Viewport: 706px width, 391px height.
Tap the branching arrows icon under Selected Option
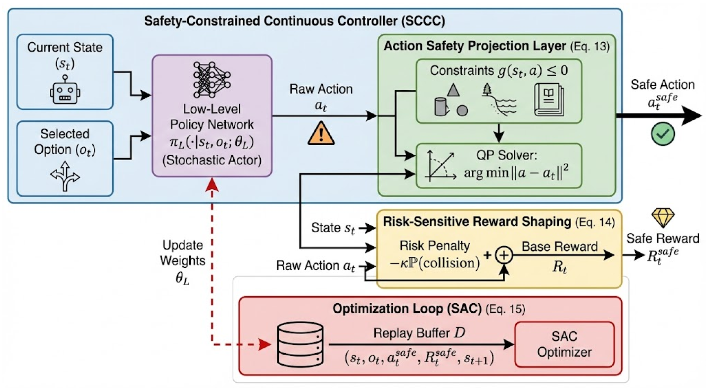point(65,176)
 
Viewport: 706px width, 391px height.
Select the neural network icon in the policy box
point(212,80)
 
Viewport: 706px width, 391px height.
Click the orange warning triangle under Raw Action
point(321,133)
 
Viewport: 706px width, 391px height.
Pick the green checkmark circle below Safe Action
point(663,134)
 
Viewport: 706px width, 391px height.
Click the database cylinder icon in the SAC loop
point(300,344)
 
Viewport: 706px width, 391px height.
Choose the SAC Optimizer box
point(564,344)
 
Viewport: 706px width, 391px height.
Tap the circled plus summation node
point(504,255)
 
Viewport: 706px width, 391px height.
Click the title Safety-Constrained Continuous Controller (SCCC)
point(295,21)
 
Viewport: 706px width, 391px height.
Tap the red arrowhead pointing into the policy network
point(212,184)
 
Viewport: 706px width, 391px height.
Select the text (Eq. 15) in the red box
point(505,309)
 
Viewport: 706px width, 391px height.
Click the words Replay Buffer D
point(419,333)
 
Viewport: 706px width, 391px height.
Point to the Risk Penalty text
point(435,246)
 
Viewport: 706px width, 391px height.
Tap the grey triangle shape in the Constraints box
point(453,90)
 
